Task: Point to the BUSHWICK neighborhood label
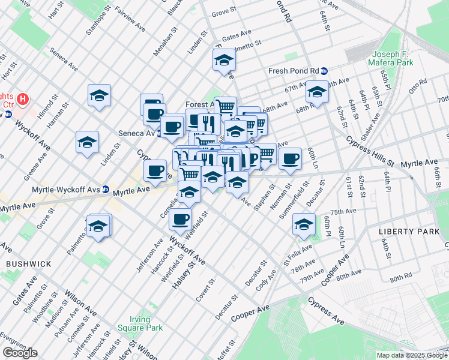point(24,263)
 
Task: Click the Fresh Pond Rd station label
point(293,70)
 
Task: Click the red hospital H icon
point(23,98)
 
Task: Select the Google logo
point(20,353)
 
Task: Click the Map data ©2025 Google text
point(412,355)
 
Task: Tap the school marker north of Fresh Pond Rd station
point(224,61)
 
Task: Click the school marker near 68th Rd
point(317,92)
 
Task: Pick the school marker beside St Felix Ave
point(304,226)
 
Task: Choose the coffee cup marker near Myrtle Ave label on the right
point(290,159)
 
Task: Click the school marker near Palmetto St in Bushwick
point(98,226)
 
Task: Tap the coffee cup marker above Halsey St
point(180,220)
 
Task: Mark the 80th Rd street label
point(400,279)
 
